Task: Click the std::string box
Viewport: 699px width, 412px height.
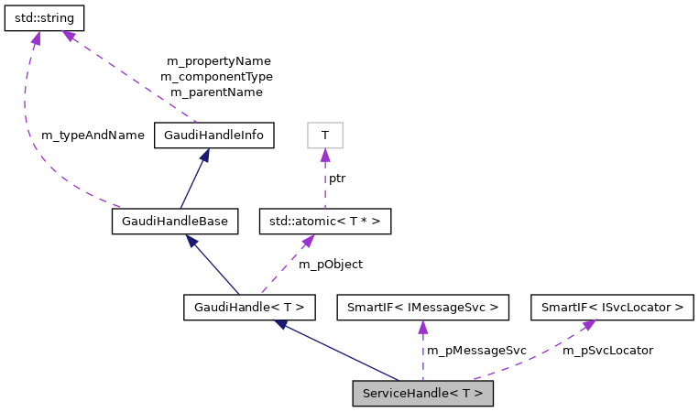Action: click(x=45, y=17)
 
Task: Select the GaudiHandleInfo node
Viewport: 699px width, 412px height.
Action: click(x=214, y=136)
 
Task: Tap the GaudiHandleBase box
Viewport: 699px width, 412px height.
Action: click(x=175, y=221)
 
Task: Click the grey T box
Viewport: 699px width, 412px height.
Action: click(x=324, y=136)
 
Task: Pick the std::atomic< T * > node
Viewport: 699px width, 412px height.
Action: click(x=326, y=221)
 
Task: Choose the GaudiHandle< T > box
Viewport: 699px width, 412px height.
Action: click(x=249, y=307)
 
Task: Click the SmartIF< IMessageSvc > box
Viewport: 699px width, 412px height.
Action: click(x=422, y=307)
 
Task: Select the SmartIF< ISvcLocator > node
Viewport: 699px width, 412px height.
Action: click(x=612, y=307)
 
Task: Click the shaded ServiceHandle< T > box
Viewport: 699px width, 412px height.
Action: click(x=422, y=393)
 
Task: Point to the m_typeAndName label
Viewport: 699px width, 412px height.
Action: click(x=93, y=135)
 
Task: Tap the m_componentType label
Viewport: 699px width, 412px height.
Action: click(x=216, y=76)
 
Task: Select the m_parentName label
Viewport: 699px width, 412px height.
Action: click(x=216, y=92)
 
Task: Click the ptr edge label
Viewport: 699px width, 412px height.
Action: click(x=337, y=178)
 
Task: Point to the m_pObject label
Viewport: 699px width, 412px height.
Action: click(x=331, y=264)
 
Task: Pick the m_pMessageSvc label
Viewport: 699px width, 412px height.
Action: click(x=476, y=350)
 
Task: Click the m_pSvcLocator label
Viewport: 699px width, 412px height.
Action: click(x=607, y=350)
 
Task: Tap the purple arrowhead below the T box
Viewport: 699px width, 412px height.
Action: click(x=324, y=155)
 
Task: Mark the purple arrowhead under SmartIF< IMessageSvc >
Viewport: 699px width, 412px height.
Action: click(x=422, y=327)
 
